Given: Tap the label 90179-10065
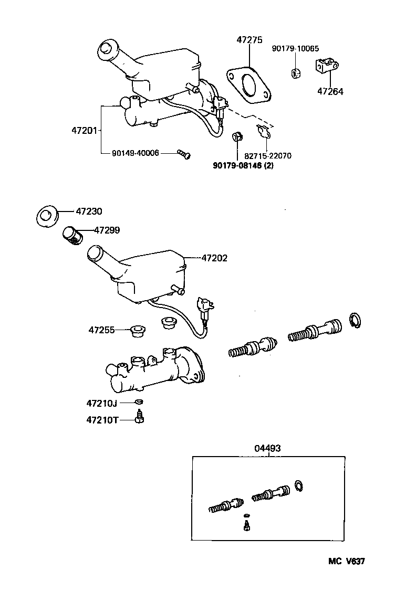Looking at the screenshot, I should (x=296, y=49).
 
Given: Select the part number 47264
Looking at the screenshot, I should (x=330, y=91).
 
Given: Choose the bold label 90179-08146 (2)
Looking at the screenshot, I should (x=243, y=165).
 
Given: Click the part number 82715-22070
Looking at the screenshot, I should (x=268, y=156).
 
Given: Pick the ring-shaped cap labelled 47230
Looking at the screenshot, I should (x=47, y=217).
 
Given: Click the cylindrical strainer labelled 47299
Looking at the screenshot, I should (x=72, y=235).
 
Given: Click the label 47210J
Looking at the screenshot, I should (x=101, y=403).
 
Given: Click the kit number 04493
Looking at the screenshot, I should (x=267, y=448).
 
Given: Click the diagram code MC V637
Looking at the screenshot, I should (x=346, y=561).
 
